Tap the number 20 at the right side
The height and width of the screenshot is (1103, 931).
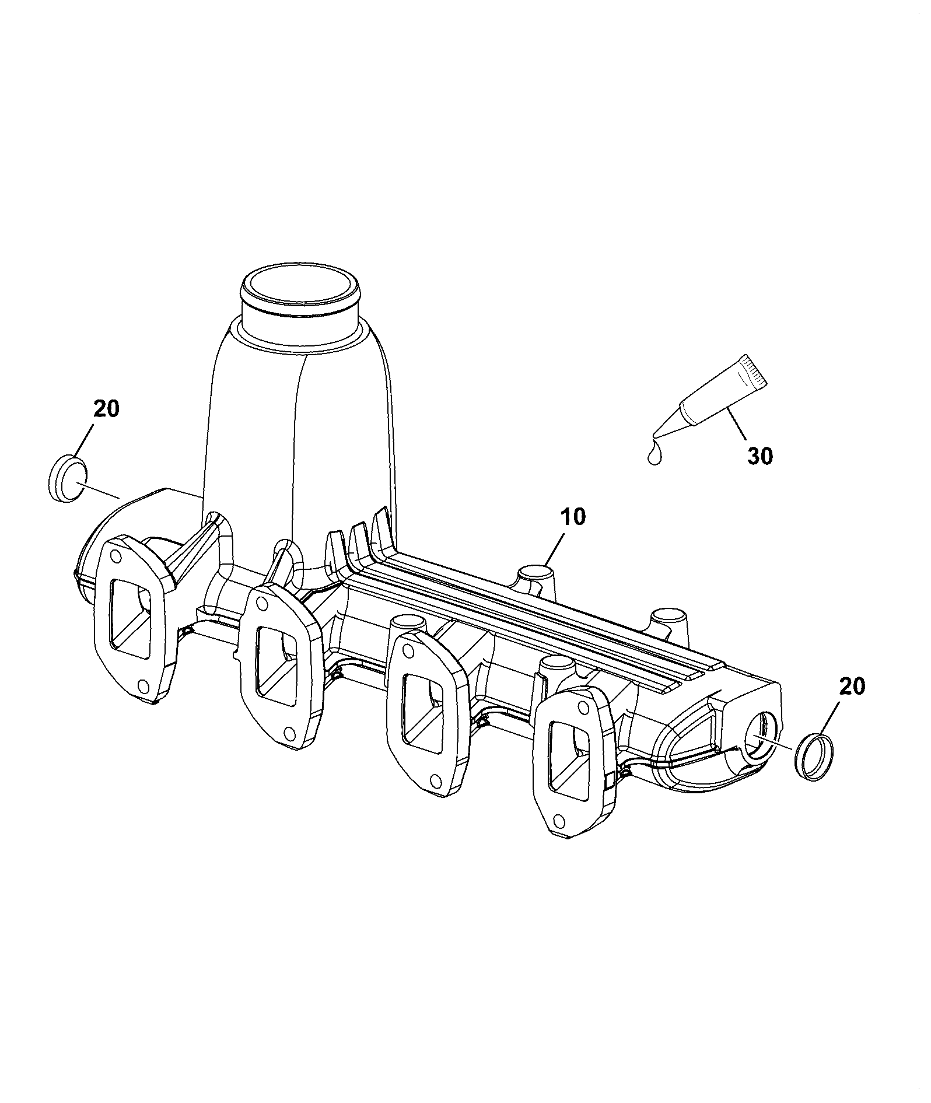[852, 687]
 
